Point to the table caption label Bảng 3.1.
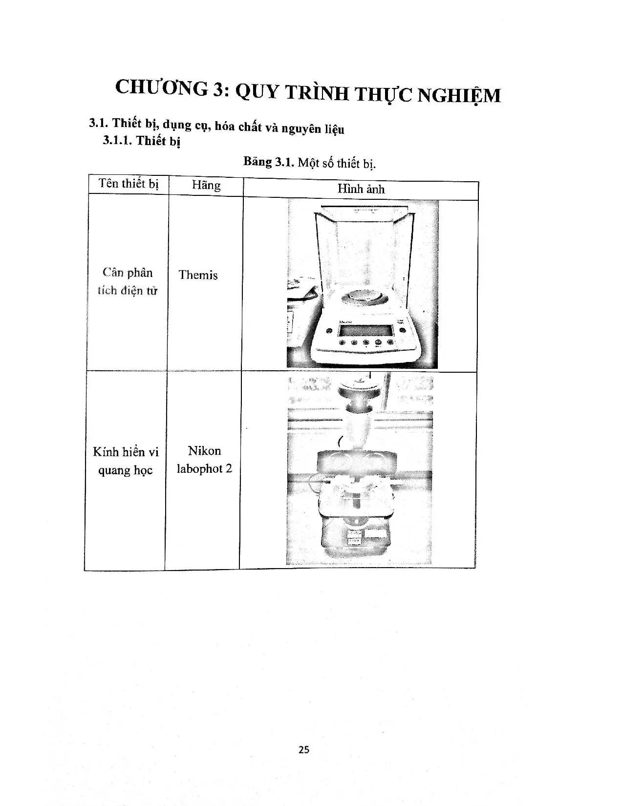point(268,162)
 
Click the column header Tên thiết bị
point(129,184)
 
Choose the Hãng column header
point(206,185)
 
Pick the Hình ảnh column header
point(361,189)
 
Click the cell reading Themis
point(198,275)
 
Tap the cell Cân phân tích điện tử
point(127,281)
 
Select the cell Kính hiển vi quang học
point(126,461)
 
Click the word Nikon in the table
point(204,450)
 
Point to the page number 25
point(303,749)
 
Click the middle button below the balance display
point(366,342)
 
